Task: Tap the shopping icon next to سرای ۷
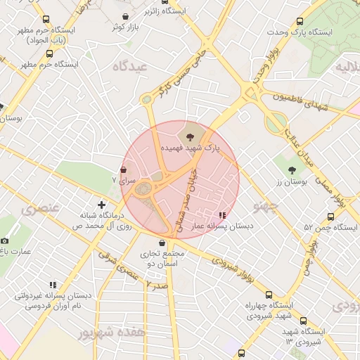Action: click(x=124, y=169)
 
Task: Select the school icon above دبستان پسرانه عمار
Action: click(x=222, y=214)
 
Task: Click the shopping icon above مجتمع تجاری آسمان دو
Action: click(x=162, y=243)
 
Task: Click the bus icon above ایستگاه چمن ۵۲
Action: click(x=330, y=217)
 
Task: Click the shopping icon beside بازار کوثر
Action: click(x=125, y=16)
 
